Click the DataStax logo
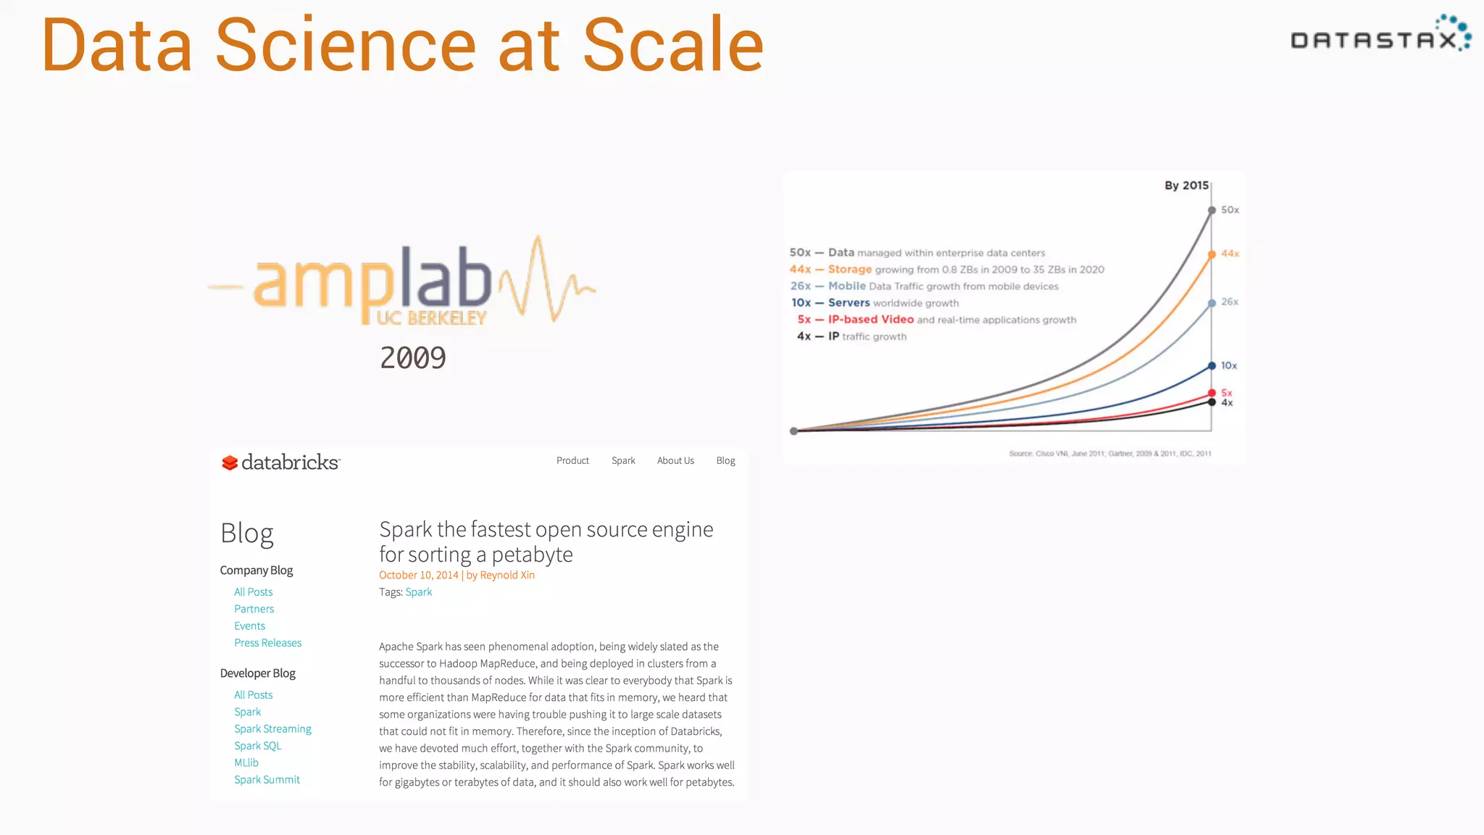click(1380, 36)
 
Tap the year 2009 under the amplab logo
click(413, 358)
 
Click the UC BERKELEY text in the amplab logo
click(431, 318)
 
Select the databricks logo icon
click(230, 462)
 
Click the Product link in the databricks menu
click(572, 460)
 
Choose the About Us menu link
click(675, 460)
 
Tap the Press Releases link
click(267, 643)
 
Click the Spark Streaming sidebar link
click(272, 728)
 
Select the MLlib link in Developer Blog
click(246, 763)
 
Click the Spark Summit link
click(267, 780)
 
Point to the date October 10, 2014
click(418, 575)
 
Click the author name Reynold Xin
click(507, 575)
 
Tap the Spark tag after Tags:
click(418, 592)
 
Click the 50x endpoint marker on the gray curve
click(1212, 210)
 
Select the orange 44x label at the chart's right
click(1230, 254)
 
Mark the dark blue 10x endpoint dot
click(1212, 366)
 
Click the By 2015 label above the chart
click(1186, 186)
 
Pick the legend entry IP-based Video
click(871, 320)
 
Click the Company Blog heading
click(257, 570)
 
